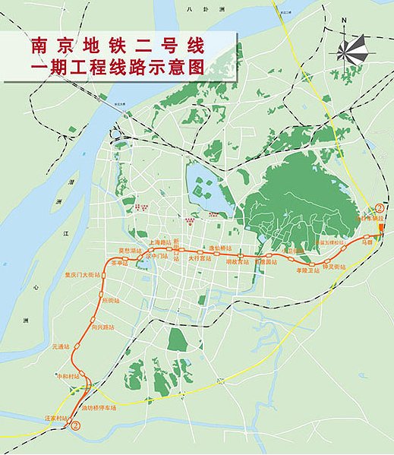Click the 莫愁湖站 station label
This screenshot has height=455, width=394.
coord(131,249)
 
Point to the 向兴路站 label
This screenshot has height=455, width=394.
coord(102,327)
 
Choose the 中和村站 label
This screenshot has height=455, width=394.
coord(68,375)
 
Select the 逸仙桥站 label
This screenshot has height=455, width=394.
coord(219,248)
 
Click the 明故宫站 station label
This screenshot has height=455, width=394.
coord(237,260)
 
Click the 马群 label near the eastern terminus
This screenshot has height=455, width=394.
coord(368,243)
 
